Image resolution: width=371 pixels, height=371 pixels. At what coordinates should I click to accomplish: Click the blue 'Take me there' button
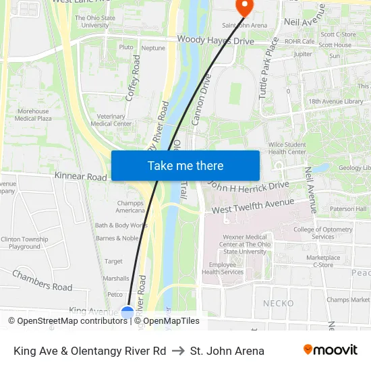[185, 165]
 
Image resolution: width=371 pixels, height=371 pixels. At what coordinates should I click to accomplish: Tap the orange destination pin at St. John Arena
[243, 7]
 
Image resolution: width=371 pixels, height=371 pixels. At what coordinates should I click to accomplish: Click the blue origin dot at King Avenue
[127, 312]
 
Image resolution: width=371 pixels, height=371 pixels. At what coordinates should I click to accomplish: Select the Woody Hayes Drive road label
[215, 40]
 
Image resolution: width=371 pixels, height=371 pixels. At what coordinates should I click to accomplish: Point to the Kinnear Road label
[81, 177]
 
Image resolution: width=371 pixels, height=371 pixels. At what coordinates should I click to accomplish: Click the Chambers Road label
[42, 281]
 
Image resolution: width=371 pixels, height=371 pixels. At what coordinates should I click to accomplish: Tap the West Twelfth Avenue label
[253, 206]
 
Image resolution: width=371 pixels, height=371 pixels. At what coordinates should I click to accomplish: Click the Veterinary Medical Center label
[111, 120]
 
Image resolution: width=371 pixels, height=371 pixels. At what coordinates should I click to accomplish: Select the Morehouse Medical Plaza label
[33, 115]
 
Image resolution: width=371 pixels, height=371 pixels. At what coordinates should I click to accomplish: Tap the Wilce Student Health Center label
[287, 148]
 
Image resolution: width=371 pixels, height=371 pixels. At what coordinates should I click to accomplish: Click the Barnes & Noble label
[117, 238]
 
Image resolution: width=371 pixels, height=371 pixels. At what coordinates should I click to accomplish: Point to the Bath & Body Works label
[121, 225]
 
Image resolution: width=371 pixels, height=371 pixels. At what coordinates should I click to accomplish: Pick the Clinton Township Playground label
[24, 243]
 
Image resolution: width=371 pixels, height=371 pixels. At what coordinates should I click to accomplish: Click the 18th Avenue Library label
[335, 101]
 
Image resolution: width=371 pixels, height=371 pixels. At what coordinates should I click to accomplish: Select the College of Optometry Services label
[323, 233]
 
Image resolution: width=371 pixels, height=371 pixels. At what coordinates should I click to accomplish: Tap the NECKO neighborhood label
[278, 304]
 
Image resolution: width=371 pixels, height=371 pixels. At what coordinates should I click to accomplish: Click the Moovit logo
[331, 350]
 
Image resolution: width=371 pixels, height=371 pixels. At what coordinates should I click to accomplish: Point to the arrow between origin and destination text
[178, 351]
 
